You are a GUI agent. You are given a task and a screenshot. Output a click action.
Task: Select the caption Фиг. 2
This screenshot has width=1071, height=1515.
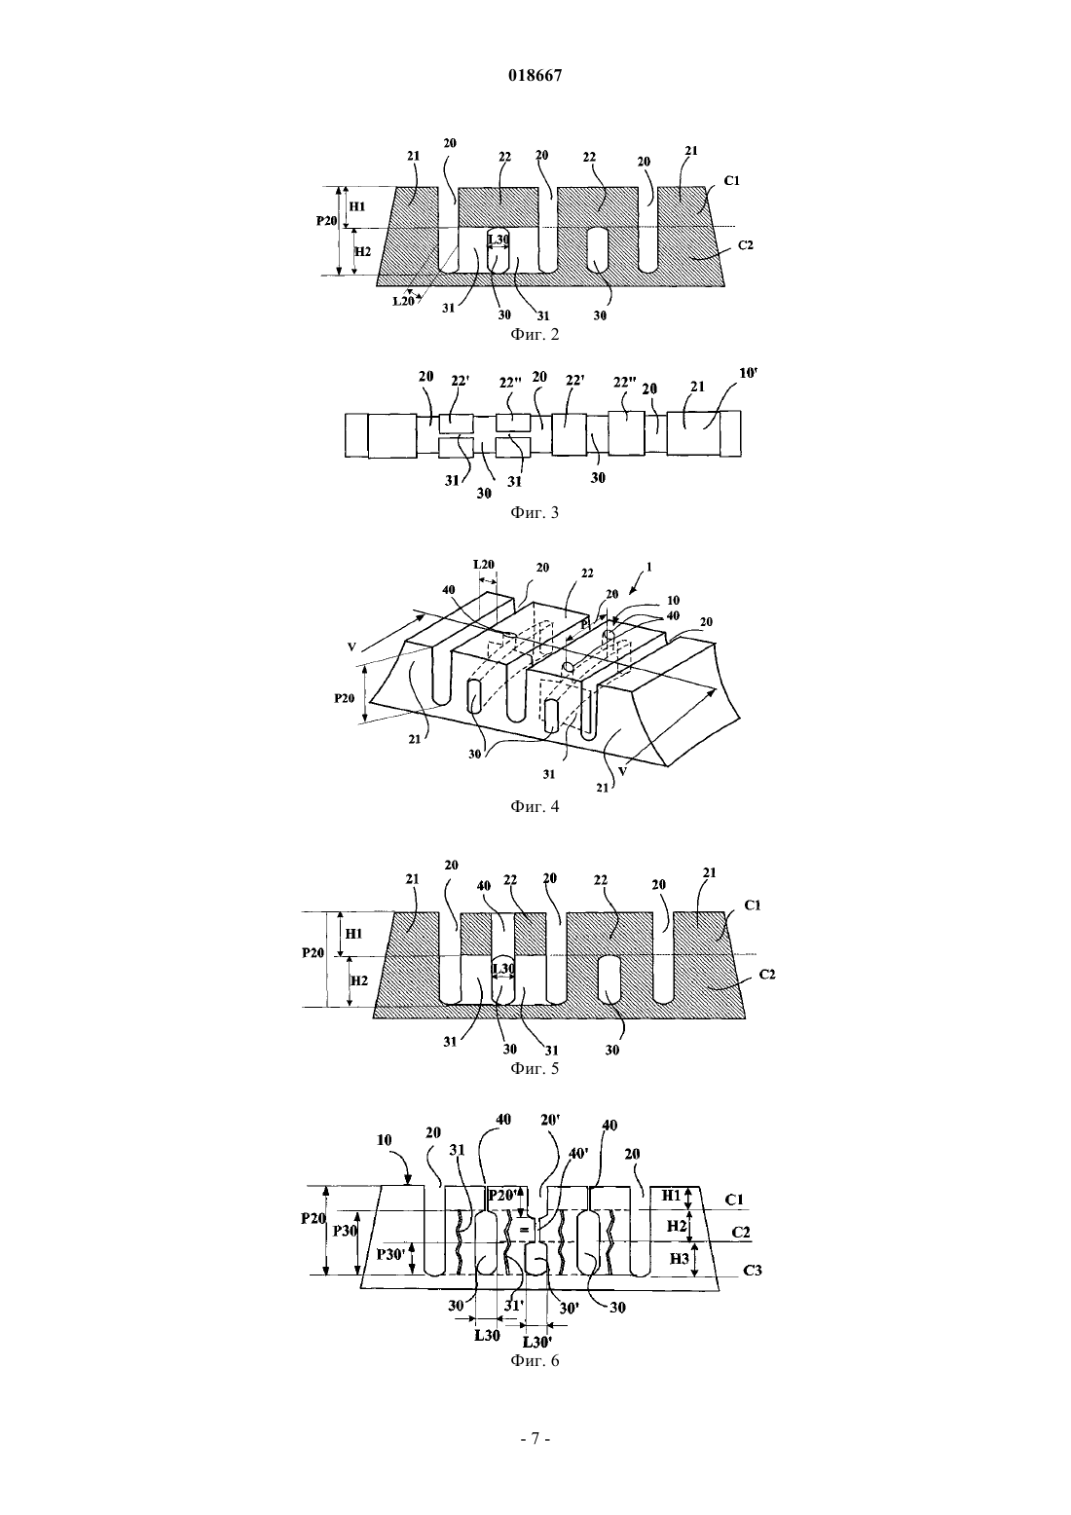click(x=535, y=334)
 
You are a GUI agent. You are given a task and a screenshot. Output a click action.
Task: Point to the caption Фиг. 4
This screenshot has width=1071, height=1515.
click(x=535, y=806)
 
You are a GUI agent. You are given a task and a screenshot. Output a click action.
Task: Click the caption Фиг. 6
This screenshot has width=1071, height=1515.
click(x=535, y=1361)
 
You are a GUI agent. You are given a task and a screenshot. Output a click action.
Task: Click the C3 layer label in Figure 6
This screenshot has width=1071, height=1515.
click(x=753, y=1271)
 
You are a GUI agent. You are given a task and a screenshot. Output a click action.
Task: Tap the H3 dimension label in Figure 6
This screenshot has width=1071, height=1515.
click(x=680, y=1259)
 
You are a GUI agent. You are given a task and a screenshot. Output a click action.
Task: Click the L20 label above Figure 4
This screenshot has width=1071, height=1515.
click(x=484, y=564)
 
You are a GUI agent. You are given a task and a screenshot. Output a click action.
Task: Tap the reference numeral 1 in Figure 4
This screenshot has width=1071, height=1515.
click(x=649, y=567)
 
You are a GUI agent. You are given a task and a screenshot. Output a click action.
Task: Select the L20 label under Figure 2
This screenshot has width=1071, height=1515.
click(x=404, y=302)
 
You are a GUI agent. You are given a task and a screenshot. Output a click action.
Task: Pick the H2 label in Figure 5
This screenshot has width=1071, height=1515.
click(x=358, y=980)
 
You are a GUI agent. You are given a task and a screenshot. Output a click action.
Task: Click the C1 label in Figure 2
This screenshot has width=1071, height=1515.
click(x=731, y=180)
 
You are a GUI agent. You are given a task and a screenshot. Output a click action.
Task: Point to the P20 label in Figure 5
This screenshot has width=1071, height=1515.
click(x=314, y=953)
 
